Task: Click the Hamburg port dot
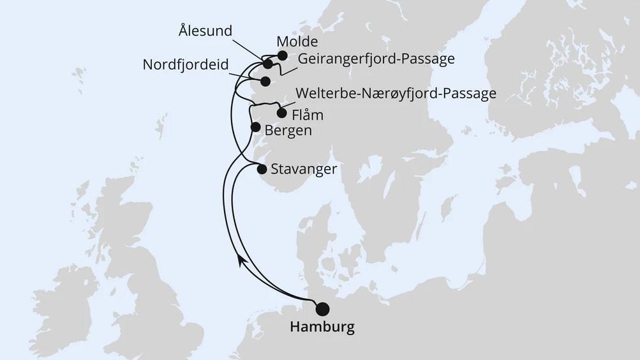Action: tap(323, 309)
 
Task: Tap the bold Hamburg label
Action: tap(322, 327)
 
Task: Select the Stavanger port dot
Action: tap(262, 169)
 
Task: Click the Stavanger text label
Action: tap(303, 169)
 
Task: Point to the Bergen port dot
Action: tap(255, 127)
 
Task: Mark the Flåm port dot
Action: tap(281, 114)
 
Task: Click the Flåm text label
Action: tap(307, 116)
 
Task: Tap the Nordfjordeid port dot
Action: tap(265, 81)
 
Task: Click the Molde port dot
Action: tap(282, 56)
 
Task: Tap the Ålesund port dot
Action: tap(267, 64)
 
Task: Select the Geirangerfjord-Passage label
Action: tap(376, 59)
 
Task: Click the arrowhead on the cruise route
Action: tap(239, 259)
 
